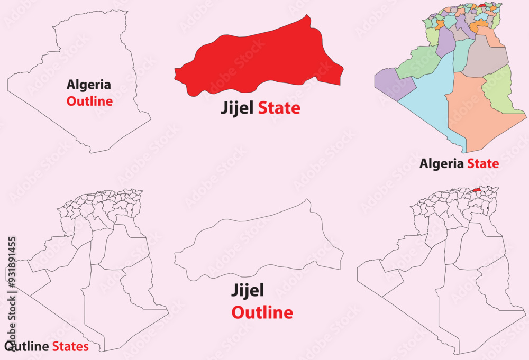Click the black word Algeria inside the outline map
88,84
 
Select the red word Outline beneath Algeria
89,101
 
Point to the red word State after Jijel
279,108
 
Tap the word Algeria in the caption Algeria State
442,163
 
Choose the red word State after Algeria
482,163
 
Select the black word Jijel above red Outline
248,290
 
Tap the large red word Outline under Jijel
262,312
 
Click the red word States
70,347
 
